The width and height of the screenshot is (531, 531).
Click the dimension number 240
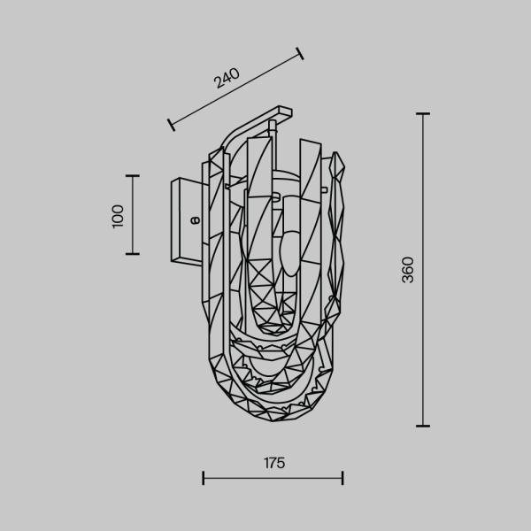click(227, 79)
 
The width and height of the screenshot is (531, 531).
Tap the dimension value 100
click(119, 215)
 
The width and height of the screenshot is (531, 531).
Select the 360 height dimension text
click(407, 270)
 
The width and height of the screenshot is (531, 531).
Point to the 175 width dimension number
click(273, 462)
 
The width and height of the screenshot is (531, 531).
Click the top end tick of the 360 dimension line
click(422, 114)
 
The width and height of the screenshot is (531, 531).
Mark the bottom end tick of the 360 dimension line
click(422, 426)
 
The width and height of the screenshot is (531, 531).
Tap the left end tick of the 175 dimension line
click(204, 479)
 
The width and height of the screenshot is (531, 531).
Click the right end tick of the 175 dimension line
click(342, 479)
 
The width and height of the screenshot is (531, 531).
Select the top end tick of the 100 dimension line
click(133, 176)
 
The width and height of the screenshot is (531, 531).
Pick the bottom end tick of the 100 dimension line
click(133, 254)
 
